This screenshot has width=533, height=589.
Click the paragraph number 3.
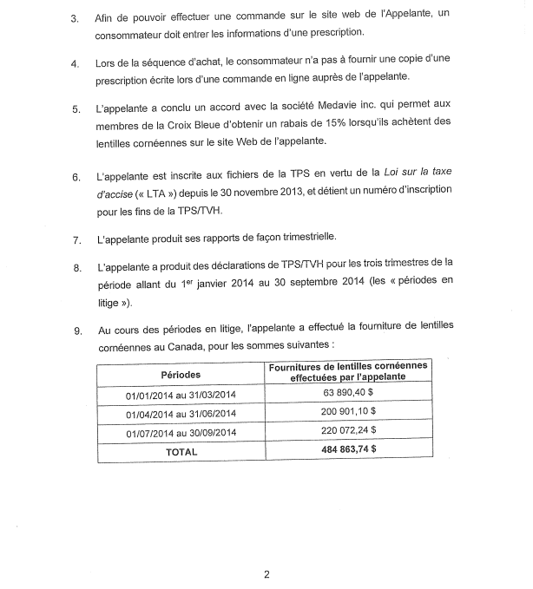click(x=76, y=17)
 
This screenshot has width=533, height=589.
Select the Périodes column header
click(x=181, y=375)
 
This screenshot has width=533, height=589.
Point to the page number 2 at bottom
click(x=266, y=573)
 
